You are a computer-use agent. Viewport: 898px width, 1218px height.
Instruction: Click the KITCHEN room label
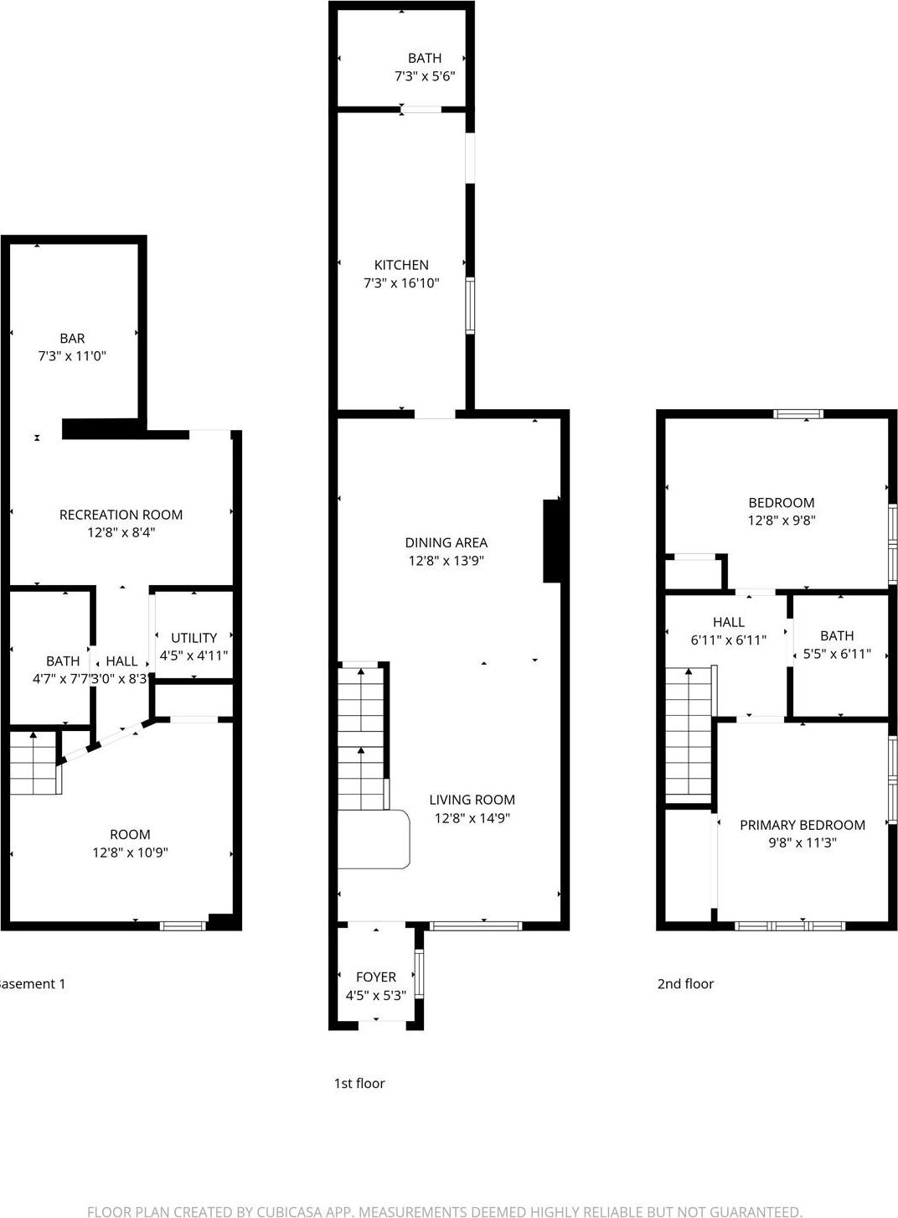[401, 265]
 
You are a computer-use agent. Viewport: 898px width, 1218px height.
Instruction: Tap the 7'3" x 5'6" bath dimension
[425, 76]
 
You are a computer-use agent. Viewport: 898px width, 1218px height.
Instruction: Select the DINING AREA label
[446, 542]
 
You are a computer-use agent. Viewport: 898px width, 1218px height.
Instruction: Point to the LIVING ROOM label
[472, 800]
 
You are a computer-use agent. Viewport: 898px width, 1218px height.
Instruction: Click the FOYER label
[375, 977]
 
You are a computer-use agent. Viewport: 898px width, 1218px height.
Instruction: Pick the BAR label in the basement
[72, 338]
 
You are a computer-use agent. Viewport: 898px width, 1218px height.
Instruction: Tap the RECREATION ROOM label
[121, 515]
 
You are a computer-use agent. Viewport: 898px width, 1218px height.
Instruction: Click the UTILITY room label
[194, 638]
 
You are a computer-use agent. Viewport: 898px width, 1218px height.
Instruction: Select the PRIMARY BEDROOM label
[802, 825]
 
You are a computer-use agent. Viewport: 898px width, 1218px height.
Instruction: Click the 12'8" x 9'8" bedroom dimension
[781, 521]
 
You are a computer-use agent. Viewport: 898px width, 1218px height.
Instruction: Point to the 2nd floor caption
[685, 984]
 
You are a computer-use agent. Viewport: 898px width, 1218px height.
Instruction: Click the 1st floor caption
[359, 1083]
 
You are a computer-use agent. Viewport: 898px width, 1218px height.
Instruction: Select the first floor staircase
[361, 738]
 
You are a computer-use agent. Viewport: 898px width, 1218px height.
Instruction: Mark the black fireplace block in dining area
[552, 541]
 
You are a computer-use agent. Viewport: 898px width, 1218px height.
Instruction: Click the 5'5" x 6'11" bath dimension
[836, 654]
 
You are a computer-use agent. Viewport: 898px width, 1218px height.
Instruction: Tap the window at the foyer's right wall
[419, 972]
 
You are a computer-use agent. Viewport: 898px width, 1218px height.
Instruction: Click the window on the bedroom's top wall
[797, 413]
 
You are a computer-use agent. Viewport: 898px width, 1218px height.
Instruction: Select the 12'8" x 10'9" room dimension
[130, 853]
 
